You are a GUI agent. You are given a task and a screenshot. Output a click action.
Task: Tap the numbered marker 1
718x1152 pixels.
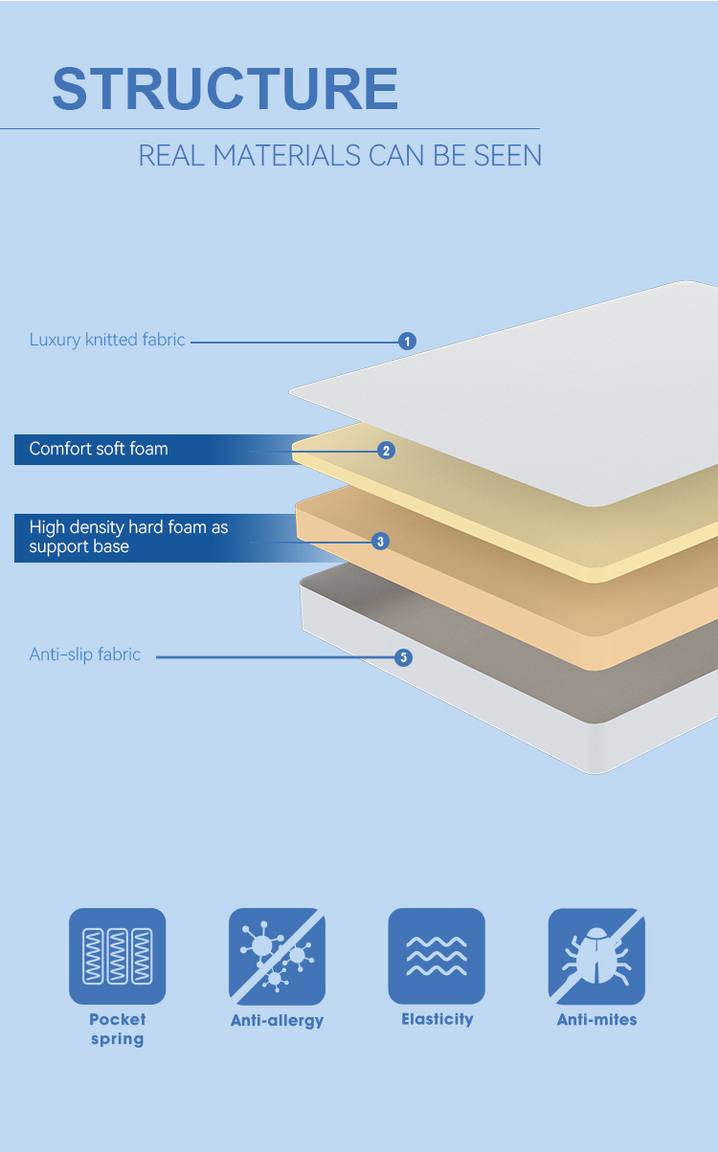pyautogui.click(x=407, y=341)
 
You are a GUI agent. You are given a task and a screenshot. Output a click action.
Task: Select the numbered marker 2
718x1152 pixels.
pyautogui.click(x=386, y=450)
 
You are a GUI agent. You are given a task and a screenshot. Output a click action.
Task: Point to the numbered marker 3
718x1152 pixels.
pyautogui.click(x=381, y=542)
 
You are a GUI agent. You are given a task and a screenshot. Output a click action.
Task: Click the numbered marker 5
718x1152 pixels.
pyautogui.click(x=403, y=657)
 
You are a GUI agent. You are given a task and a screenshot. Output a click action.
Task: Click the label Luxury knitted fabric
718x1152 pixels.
pyautogui.click(x=107, y=340)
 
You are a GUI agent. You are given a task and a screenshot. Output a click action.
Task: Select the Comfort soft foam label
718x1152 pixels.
pyautogui.click(x=99, y=449)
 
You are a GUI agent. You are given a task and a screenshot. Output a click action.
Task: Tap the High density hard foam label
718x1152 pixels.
pyautogui.click(x=128, y=537)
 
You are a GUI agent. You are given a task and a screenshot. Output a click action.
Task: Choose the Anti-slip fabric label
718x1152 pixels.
pyautogui.click(x=85, y=654)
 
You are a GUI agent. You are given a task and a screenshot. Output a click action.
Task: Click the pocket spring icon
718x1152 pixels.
pyautogui.click(x=117, y=956)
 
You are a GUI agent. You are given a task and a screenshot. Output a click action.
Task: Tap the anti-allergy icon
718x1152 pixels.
pyautogui.click(x=277, y=956)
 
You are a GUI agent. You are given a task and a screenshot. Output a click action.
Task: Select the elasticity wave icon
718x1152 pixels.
pyautogui.click(x=437, y=956)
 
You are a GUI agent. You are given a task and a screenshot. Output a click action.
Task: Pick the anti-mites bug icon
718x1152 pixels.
pyautogui.click(x=596, y=956)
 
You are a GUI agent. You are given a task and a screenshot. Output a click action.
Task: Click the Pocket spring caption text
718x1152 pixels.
pyautogui.click(x=117, y=1030)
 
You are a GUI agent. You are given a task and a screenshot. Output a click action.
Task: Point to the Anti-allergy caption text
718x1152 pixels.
pyautogui.click(x=277, y=1021)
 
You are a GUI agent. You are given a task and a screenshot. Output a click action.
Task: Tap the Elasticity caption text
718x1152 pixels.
pyautogui.click(x=437, y=1020)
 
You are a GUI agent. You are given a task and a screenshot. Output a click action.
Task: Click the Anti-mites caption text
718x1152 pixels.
pyautogui.click(x=596, y=1020)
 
